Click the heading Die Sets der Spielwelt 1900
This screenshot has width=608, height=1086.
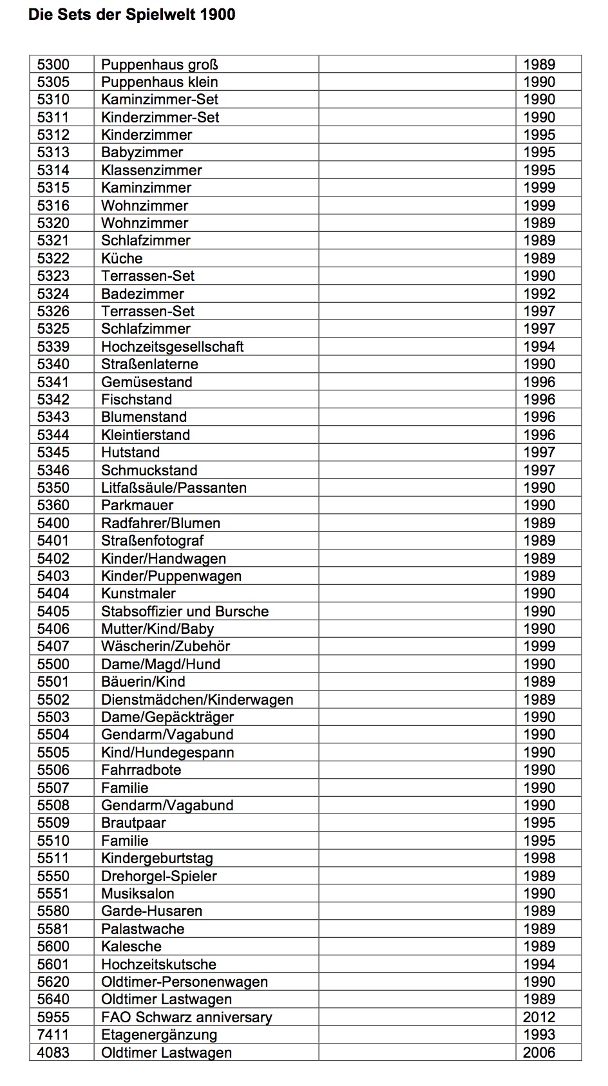(x=131, y=15)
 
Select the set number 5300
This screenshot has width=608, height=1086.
(x=53, y=64)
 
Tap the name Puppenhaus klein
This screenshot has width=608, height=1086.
(x=159, y=82)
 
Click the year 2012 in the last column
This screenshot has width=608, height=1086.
(x=538, y=1017)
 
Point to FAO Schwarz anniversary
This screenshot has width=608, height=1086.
(x=186, y=1017)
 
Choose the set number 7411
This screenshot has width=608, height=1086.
(x=53, y=1034)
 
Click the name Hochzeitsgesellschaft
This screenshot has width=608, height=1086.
(x=172, y=347)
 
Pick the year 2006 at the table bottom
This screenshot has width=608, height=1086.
(x=538, y=1053)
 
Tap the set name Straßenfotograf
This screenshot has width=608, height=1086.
(x=152, y=540)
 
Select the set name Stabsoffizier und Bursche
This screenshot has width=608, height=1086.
(x=185, y=611)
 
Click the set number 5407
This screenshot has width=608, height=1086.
(x=53, y=646)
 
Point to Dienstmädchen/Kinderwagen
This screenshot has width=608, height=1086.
(x=197, y=700)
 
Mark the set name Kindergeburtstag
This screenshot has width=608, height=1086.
(x=157, y=858)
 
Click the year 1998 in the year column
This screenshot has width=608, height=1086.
(x=538, y=858)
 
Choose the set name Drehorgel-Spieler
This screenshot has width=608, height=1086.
(x=158, y=876)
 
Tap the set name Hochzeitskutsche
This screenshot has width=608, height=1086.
(x=158, y=964)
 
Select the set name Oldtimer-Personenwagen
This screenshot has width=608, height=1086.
(x=184, y=982)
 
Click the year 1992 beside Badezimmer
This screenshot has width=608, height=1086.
(x=538, y=294)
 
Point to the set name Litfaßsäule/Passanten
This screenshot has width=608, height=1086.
(x=173, y=488)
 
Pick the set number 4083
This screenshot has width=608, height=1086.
(x=53, y=1053)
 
